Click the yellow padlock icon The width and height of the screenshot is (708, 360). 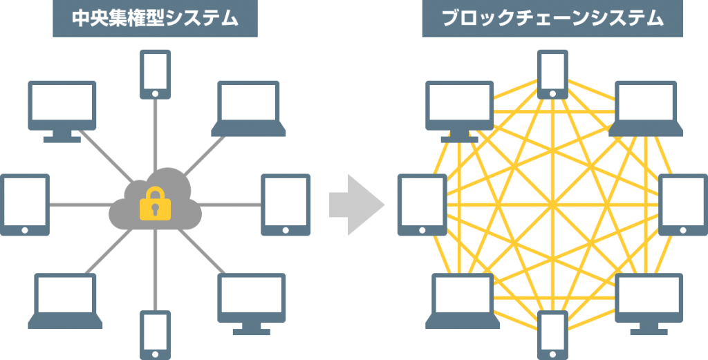155,205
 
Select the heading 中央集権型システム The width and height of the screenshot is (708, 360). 155,19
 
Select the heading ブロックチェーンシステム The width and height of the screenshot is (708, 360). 552,19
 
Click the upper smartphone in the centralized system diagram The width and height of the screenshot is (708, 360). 155,73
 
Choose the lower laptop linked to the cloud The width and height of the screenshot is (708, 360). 65,299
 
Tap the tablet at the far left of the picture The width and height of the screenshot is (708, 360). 25,205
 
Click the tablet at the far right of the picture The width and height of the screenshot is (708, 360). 682,205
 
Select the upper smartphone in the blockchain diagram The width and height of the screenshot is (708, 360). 552,73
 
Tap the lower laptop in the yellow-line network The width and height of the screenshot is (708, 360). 463,299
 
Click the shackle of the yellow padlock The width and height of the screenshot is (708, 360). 155,193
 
